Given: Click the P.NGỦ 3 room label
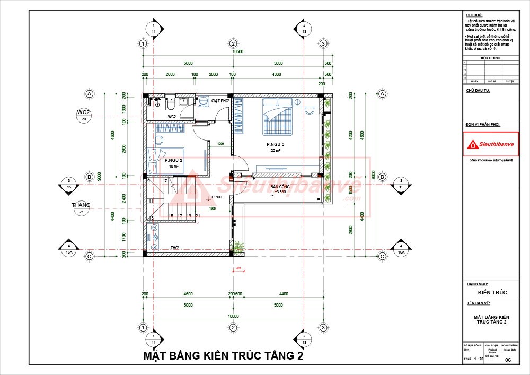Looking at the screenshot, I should (276, 144).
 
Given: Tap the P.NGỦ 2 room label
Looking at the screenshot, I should (173, 160).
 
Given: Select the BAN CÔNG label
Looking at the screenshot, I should (280, 187).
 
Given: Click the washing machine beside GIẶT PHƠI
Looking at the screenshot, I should (204, 101).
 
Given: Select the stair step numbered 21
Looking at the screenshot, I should (197, 216).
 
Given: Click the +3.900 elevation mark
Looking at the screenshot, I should (216, 197).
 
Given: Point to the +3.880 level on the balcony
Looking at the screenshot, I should (280, 192).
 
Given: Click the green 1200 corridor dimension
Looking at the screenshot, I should (220, 144).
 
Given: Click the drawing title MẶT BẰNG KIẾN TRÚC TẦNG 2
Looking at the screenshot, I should (223, 356).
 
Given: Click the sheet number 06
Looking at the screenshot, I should (508, 360).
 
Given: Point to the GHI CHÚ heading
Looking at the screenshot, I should (472, 14).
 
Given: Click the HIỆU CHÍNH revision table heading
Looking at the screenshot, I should (490, 58).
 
